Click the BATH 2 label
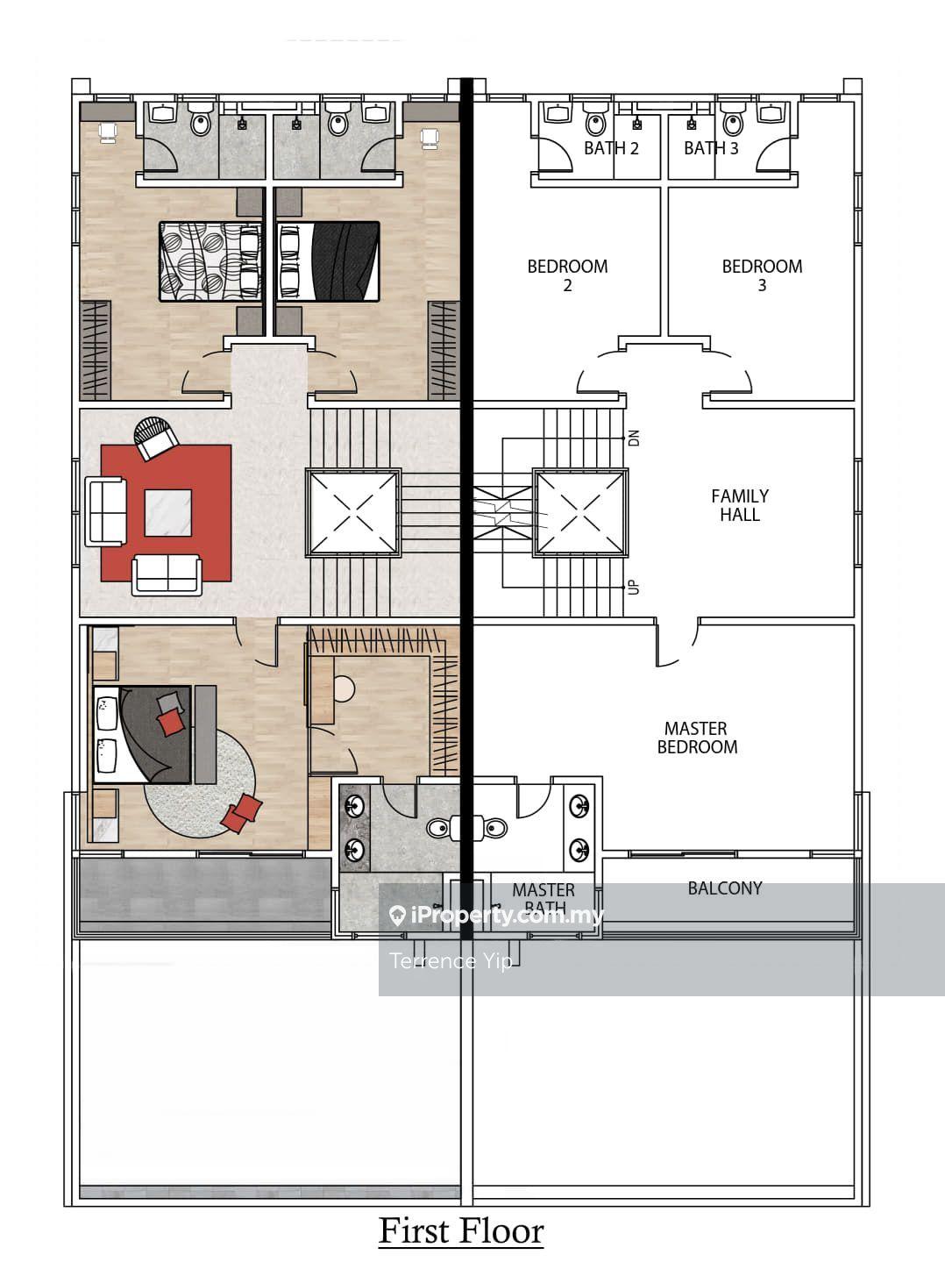[x=611, y=148]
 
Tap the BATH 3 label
[x=711, y=148]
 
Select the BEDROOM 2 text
[x=567, y=275]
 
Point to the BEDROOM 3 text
[x=762, y=275]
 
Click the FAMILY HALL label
[x=740, y=505]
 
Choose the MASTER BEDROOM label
[x=697, y=738]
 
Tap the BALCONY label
[x=725, y=888]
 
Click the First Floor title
[x=461, y=1231]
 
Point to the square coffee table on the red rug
[x=168, y=512]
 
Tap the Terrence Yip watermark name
[x=451, y=960]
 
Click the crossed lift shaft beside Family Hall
[x=580, y=513]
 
